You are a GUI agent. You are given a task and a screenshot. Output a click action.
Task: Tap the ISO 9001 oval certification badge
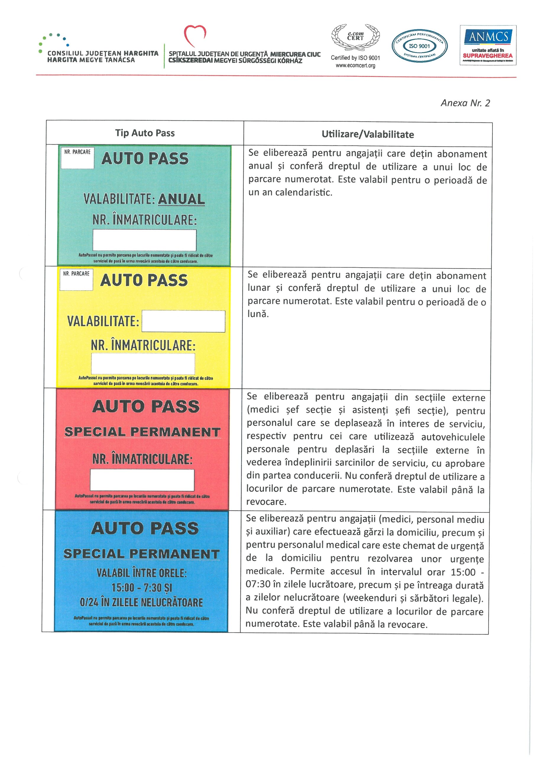pos(419,46)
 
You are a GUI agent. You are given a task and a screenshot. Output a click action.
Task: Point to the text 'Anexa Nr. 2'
pos(465,103)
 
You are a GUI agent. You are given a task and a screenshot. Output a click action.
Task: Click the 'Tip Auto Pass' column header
pos(145,133)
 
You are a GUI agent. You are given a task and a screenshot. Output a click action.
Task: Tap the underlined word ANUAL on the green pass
pos(181,199)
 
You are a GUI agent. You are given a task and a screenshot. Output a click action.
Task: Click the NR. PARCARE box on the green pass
pos(77,158)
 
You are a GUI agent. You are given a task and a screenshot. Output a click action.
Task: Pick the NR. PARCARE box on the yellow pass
pos(76,280)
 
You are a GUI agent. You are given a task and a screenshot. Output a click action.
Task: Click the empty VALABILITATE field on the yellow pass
pos(183,321)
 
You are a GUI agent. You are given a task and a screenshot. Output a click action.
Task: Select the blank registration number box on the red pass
pos(142,480)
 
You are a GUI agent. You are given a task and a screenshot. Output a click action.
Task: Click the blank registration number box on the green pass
pos(144,240)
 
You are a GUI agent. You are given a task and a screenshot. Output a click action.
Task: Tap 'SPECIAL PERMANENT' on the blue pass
pos(141,554)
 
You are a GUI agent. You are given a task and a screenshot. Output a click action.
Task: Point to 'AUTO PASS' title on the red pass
pos(146,406)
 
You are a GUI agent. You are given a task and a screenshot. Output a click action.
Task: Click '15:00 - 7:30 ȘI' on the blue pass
pos(142,587)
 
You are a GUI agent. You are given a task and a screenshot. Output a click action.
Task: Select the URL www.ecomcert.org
pos(355,66)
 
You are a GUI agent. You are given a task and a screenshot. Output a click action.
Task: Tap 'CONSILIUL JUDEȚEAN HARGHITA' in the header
pos(103,53)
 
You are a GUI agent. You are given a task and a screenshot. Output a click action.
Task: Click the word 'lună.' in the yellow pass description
pos(258,314)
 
